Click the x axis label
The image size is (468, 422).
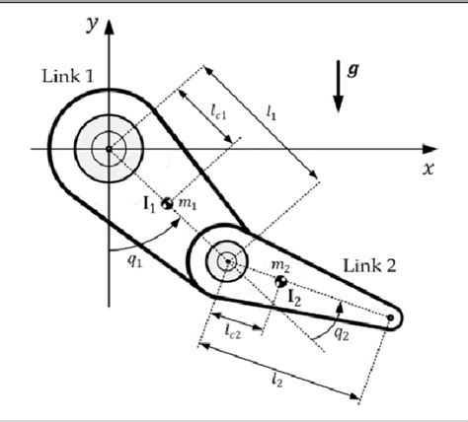pos(429,169)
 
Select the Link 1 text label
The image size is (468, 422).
pos(68,77)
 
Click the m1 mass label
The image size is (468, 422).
pos(189,203)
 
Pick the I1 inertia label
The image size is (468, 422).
pos(150,204)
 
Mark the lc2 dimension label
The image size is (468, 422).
pos(234,331)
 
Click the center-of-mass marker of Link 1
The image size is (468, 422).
pos(169,204)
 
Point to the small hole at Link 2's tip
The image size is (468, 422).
pos(392,318)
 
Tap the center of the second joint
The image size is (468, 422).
pos(228,261)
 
